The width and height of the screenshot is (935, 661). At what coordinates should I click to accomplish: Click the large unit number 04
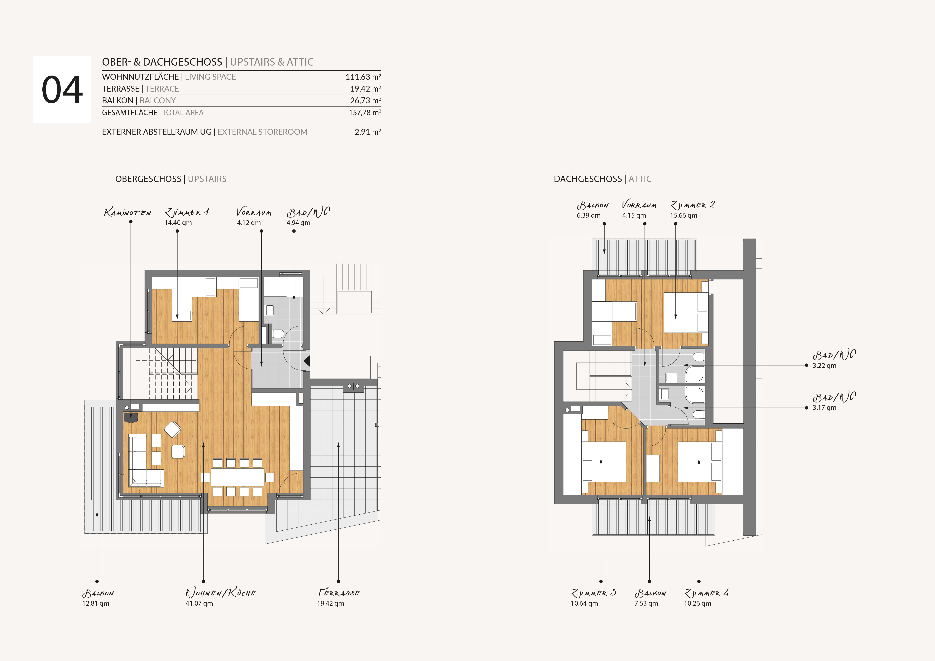click(62, 90)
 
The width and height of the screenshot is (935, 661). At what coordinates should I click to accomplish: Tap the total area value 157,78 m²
click(365, 112)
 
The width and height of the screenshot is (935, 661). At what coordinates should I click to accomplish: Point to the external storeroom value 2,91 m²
click(368, 132)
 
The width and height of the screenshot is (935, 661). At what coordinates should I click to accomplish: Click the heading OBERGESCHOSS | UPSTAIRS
click(171, 179)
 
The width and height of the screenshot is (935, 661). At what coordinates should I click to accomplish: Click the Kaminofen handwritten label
click(127, 212)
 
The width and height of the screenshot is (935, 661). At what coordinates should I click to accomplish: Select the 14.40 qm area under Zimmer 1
click(178, 223)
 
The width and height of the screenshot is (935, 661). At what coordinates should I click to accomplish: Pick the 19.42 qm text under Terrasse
click(330, 603)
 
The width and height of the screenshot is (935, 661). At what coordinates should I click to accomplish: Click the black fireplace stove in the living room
click(131, 417)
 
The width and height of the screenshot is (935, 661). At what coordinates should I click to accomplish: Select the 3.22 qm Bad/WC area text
click(824, 366)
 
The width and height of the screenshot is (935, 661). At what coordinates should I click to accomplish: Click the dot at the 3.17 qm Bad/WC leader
click(806, 408)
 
